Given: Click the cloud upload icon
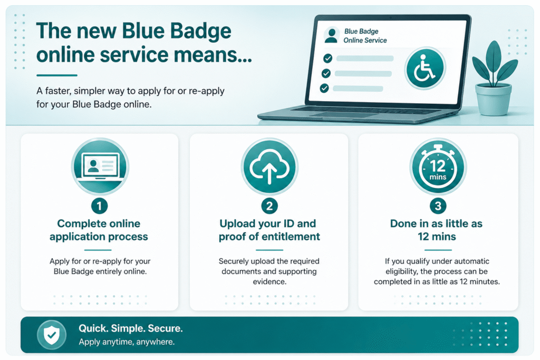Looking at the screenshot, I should point(269,166).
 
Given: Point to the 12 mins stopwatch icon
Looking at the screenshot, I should point(438,166).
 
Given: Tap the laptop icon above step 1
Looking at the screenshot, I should point(100,166).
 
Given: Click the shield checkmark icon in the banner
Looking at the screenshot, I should point(52,334).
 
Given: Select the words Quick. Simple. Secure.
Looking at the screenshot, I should point(131,328).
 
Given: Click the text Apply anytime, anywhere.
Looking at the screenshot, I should point(127,342).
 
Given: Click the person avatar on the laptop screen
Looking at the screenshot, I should point(331,35).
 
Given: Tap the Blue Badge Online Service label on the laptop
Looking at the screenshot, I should point(364,36).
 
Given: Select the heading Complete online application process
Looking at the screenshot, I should point(99,230).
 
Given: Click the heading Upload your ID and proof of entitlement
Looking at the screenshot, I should point(269,230).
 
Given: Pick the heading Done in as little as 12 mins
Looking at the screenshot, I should point(437,230).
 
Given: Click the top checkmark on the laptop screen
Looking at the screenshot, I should point(327,58).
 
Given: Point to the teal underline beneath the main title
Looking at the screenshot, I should point(57,75).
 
